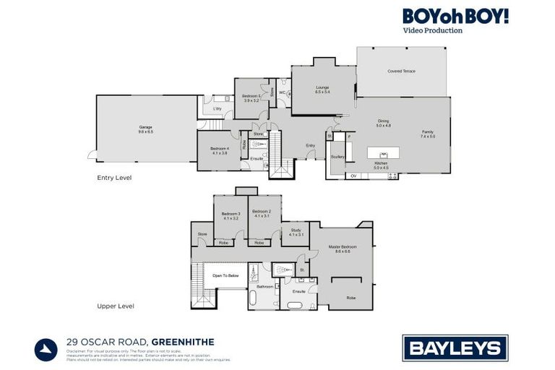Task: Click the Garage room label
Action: [146, 129]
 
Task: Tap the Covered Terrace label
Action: [401, 72]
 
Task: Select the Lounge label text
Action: [322, 90]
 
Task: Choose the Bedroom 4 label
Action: [220, 150]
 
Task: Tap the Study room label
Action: [296, 231]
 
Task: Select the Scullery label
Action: [337, 157]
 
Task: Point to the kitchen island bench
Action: [384, 153]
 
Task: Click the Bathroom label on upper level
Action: [264, 286]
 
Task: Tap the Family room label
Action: [428, 134]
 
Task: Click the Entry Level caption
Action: [114, 177]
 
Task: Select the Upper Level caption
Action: [116, 306]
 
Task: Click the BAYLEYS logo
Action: [455, 348]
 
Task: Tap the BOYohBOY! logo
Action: [455, 16]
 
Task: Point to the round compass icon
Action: [46, 349]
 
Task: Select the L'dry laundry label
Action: [217, 109]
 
